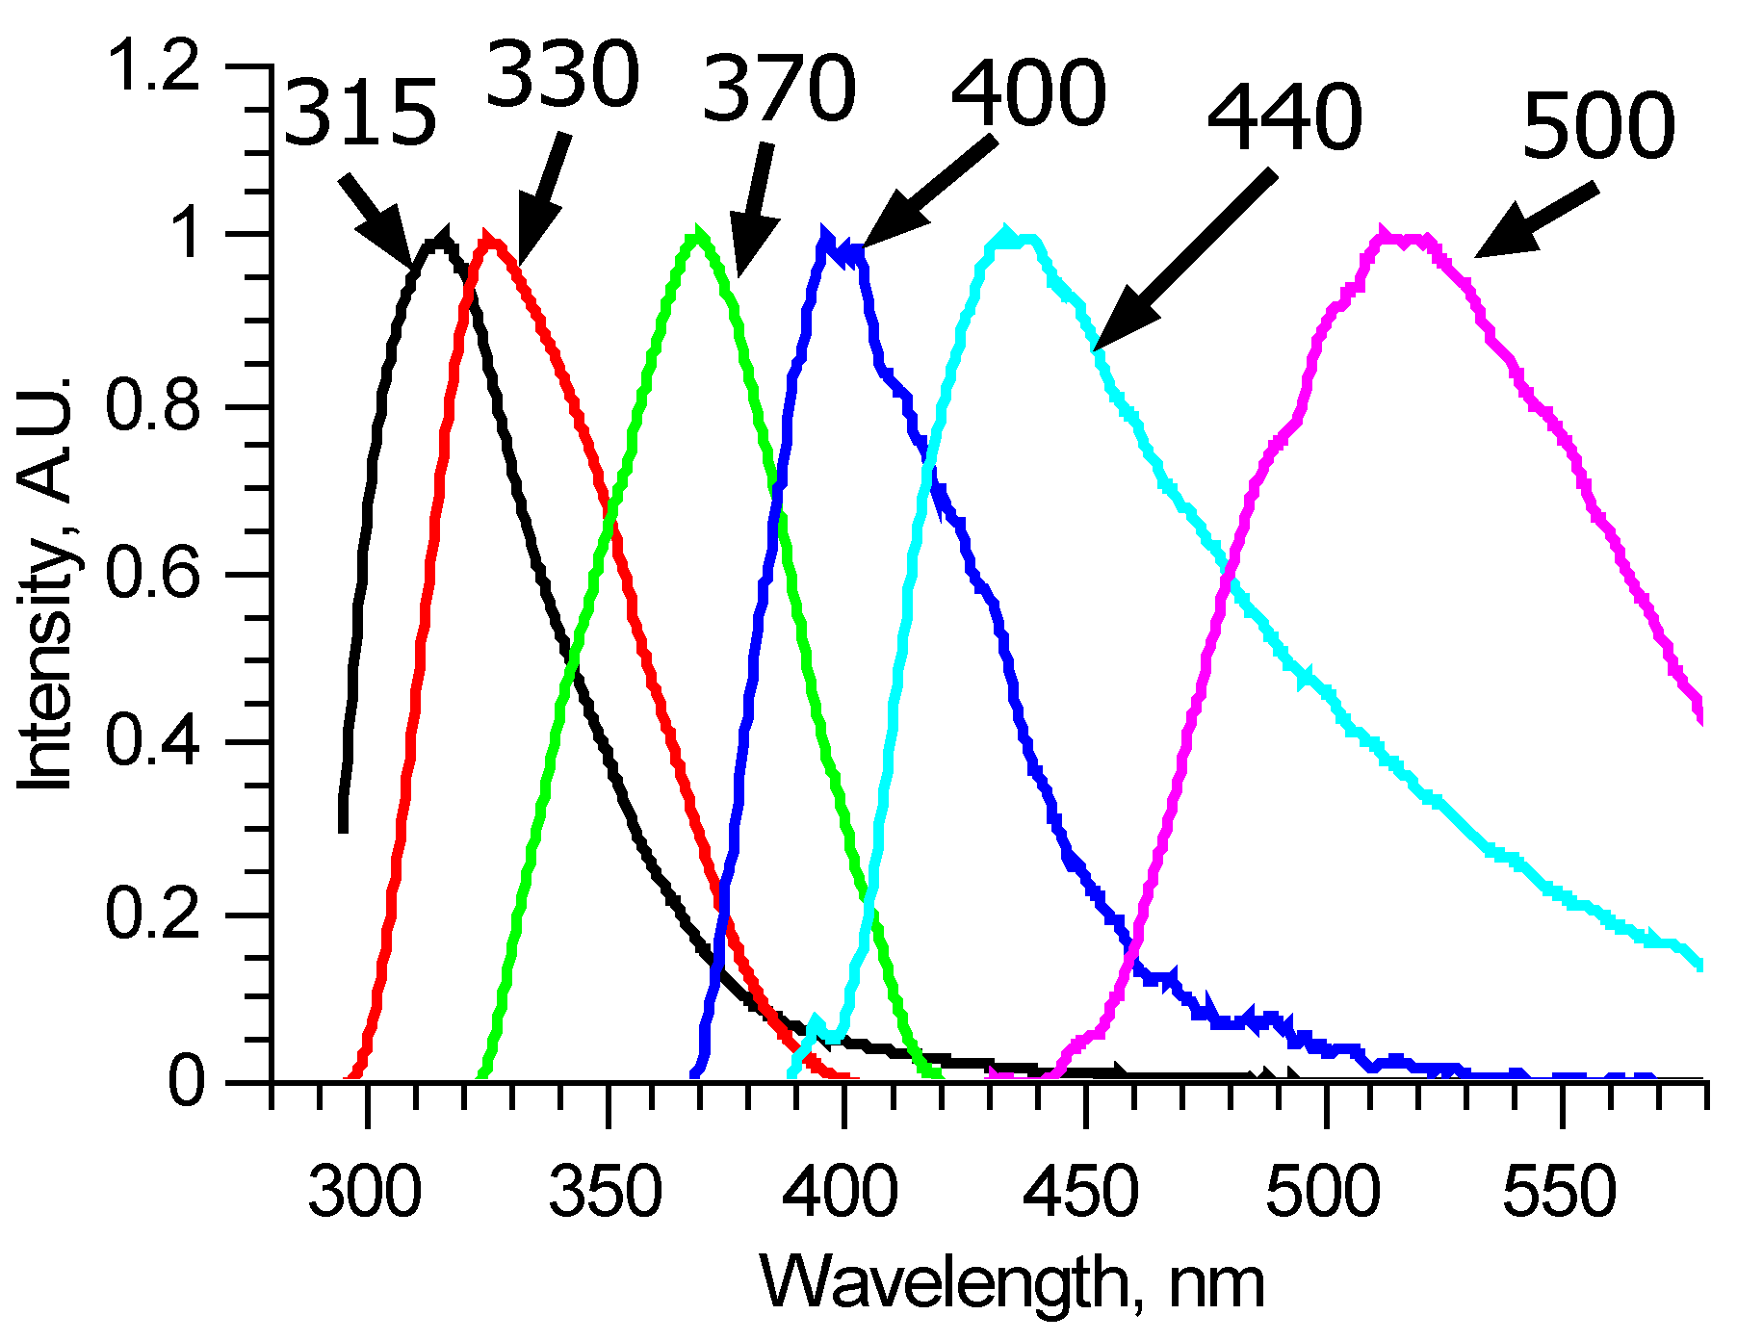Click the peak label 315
(361, 114)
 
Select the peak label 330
(563, 75)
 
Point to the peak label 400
(1028, 94)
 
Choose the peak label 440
(1284, 117)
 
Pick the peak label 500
(1598, 126)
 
